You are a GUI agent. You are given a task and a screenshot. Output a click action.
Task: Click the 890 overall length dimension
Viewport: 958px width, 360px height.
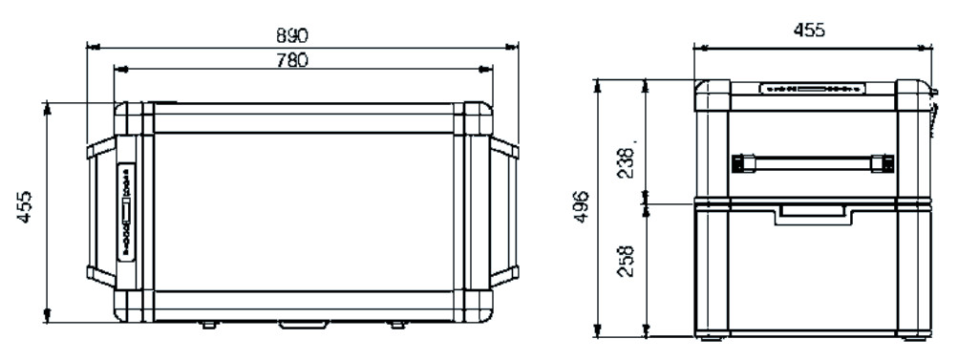click(x=292, y=35)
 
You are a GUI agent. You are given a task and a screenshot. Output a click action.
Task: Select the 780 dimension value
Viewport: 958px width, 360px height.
click(x=292, y=60)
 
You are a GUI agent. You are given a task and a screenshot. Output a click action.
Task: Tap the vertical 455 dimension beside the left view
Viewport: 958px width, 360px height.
click(x=24, y=206)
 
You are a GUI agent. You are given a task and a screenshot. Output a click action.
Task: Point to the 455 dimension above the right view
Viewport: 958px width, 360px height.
click(x=809, y=30)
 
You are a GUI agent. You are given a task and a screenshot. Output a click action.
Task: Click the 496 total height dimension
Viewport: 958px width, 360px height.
click(x=582, y=206)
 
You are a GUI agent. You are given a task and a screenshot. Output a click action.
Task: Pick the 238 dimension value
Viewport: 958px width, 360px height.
click(x=626, y=162)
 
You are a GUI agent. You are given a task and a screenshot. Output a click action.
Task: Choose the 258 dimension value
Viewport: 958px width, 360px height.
click(x=626, y=261)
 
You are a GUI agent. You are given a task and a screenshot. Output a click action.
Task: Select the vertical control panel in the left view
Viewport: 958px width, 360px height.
click(x=126, y=211)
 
